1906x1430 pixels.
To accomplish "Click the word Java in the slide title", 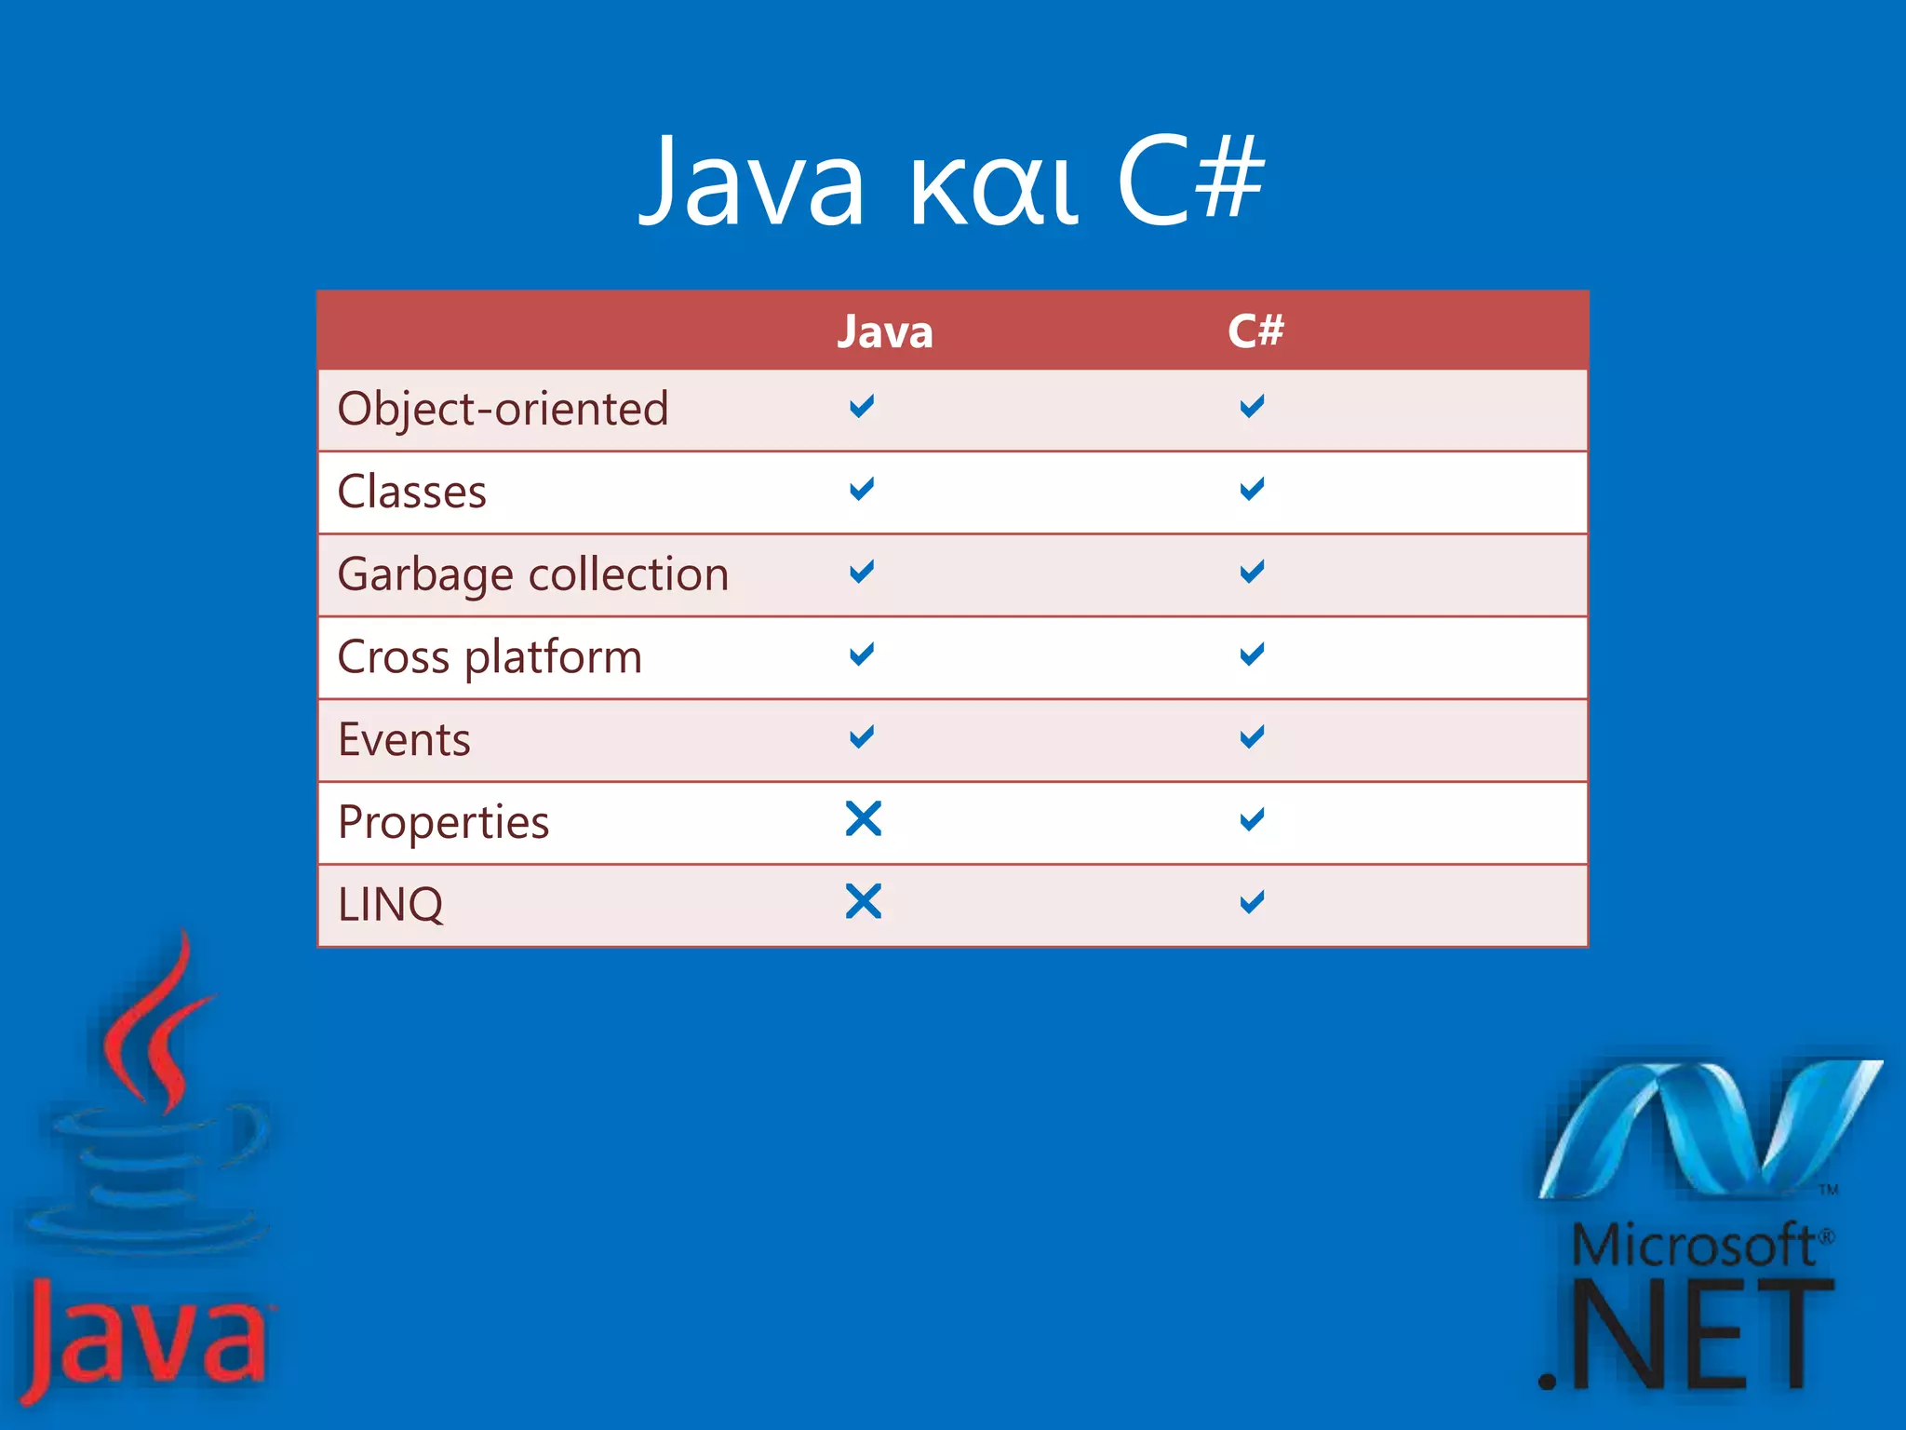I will tap(752, 182).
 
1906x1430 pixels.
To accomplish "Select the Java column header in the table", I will tap(884, 331).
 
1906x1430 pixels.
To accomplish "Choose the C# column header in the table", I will tap(1255, 331).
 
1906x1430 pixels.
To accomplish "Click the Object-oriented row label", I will tap(503, 410).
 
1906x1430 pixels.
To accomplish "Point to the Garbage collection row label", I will tap(532, 574).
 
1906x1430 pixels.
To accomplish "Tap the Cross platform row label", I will tap(490, 657).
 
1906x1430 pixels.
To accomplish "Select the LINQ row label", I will tap(390, 905).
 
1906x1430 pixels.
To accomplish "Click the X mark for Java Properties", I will tap(863, 819).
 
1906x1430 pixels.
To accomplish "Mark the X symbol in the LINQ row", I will tap(863, 901).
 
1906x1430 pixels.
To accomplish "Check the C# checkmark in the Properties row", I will tap(1252, 819).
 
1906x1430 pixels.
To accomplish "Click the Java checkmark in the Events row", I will tap(862, 737).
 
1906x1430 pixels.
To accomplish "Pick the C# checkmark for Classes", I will tap(1252, 489).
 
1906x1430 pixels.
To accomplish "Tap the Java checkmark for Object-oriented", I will tap(862, 406).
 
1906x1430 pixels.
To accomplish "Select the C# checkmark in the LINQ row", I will tap(1252, 901).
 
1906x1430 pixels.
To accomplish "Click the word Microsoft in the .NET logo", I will tap(1692, 1246).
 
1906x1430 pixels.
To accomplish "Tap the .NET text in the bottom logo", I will tap(1685, 1336).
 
